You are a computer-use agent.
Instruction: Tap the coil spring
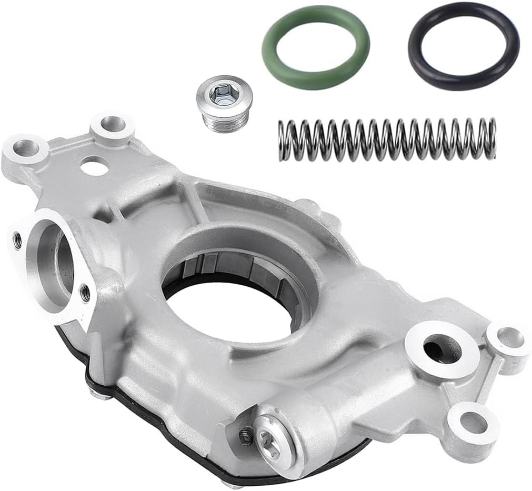pos(387,139)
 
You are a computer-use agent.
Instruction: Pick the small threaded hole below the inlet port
pos(85,293)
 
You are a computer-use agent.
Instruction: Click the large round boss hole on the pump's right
pos(441,349)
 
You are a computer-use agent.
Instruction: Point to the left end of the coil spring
pos(283,141)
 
